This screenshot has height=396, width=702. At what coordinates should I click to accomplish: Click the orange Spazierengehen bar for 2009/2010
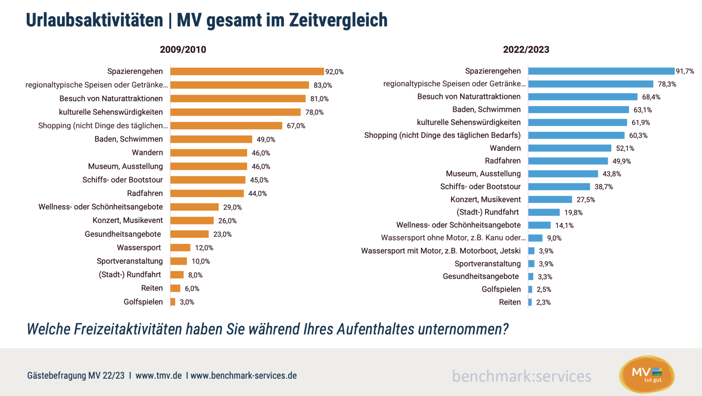pyautogui.click(x=247, y=71)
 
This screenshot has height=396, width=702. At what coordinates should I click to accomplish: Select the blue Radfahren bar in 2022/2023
pyautogui.click(x=568, y=161)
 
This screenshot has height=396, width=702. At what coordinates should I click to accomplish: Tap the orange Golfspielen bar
pyautogui.click(x=173, y=302)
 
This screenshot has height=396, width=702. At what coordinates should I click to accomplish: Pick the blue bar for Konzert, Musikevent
pyautogui.click(x=550, y=199)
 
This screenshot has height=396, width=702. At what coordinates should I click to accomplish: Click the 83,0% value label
pyautogui.click(x=323, y=85)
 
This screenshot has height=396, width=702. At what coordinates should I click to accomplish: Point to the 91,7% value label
pyautogui.click(x=685, y=71)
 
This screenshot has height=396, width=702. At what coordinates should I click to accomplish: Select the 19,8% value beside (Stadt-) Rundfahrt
pyautogui.click(x=573, y=213)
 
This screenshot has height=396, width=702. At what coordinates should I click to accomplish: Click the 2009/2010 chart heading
pyautogui.click(x=183, y=49)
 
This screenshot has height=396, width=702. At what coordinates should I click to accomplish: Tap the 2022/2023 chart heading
pyautogui.click(x=526, y=49)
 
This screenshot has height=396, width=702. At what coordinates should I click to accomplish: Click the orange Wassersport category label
pyautogui.click(x=139, y=247)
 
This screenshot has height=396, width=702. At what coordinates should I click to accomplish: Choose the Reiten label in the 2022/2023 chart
pyautogui.click(x=509, y=302)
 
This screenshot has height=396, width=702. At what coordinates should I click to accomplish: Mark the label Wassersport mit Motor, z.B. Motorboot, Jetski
pyautogui.click(x=440, y=251)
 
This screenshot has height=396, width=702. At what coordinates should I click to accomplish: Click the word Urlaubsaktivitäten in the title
pyautogui.click(x=94, y=20)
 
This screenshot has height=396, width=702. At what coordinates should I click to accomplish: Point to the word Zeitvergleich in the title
pyautogui.click(x=338, y=20)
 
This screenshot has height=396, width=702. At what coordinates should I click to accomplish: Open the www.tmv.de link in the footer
pyautogui.click(x=158, y=376)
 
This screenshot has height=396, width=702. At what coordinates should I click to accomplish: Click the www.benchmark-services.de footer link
pyautogui.click(x=244, y=376)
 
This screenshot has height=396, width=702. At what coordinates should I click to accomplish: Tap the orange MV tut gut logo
pyautogui.click(x=647, y=374)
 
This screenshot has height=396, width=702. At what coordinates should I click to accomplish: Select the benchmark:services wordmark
pyautogui.click(x=522, y=376)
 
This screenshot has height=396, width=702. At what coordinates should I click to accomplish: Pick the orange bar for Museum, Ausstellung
pyautogui.click(x=209, y=166)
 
